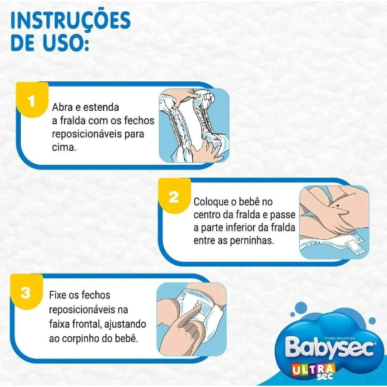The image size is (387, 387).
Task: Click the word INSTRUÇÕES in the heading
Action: pos(70,20)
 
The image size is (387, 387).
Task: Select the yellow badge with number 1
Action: pos(32,100)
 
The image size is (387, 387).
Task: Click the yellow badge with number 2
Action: pos(175,196)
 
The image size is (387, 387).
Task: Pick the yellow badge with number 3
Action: pos(27,292)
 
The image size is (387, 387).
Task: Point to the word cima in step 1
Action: pos(64,147)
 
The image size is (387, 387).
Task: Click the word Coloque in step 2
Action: pos(211,202)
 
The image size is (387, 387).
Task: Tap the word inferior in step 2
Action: pos(237,227)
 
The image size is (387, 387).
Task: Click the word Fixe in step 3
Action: pos(57,295)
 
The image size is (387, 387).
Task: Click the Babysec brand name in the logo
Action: pos(330,347)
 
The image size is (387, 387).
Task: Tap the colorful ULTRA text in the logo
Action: pos(313,369)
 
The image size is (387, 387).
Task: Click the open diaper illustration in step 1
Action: pos(194,125)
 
